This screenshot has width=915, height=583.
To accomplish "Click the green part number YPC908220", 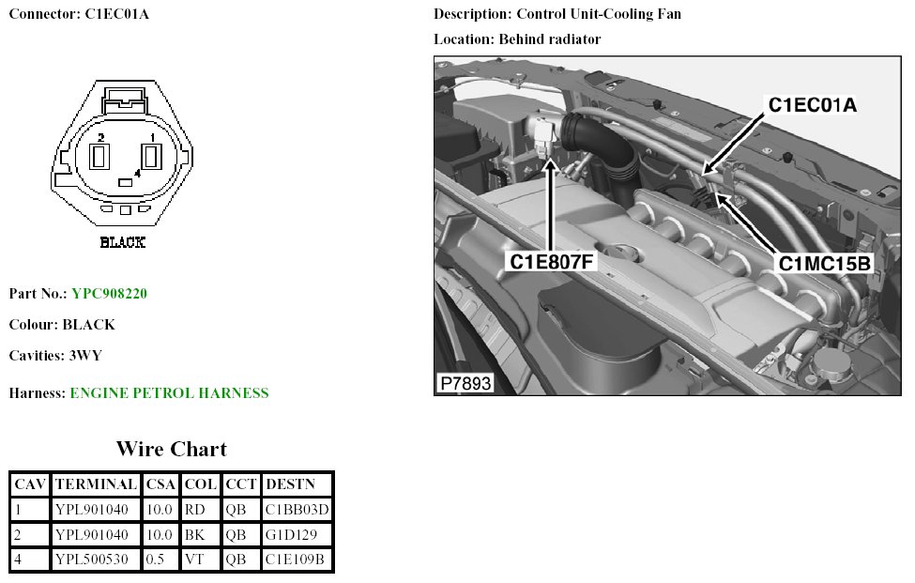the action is [109, 294].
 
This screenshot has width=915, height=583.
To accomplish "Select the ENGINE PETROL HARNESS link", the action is [169, 393].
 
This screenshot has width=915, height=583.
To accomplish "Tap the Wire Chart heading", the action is [171, 449].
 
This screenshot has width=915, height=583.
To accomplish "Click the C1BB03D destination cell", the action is [297, 510].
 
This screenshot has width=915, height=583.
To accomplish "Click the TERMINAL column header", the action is [96, 484].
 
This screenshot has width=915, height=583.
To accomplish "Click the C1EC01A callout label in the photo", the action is [813, 105].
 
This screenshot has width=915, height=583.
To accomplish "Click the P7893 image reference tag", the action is [464, 384].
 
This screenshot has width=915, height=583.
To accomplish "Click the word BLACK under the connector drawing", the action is [122, 242].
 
